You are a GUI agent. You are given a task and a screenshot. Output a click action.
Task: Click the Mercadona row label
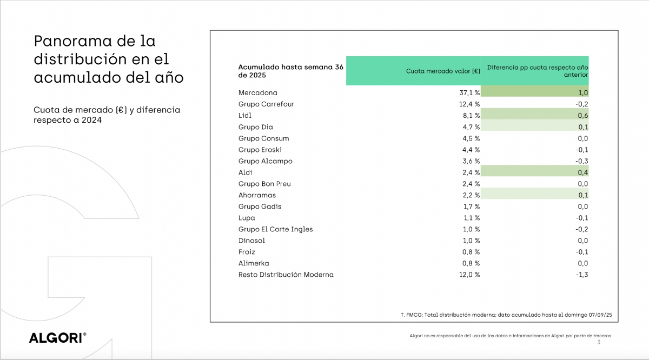(257, 93)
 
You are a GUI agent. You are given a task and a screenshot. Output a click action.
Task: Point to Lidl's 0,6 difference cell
(582, 116)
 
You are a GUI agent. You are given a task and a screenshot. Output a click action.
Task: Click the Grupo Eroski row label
(260, 150)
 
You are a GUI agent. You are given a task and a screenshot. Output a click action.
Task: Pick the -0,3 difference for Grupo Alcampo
(582, 161)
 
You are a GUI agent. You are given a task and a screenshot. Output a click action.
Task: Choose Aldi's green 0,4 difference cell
(582, 172)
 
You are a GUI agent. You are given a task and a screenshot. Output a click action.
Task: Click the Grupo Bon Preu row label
(265, 184)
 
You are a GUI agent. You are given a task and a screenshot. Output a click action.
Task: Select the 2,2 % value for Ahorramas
(469, 195)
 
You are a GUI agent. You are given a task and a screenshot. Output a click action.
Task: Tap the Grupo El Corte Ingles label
(276, 229)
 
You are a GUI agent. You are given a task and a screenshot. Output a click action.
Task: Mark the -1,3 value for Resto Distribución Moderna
(582, 275)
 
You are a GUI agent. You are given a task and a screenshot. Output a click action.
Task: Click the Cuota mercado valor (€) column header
(443, 71)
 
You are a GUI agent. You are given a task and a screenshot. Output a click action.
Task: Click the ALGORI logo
(57, 338)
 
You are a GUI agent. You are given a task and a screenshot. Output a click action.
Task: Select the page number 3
(598, 342)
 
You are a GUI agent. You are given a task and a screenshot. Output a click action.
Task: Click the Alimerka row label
(254, 263)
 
